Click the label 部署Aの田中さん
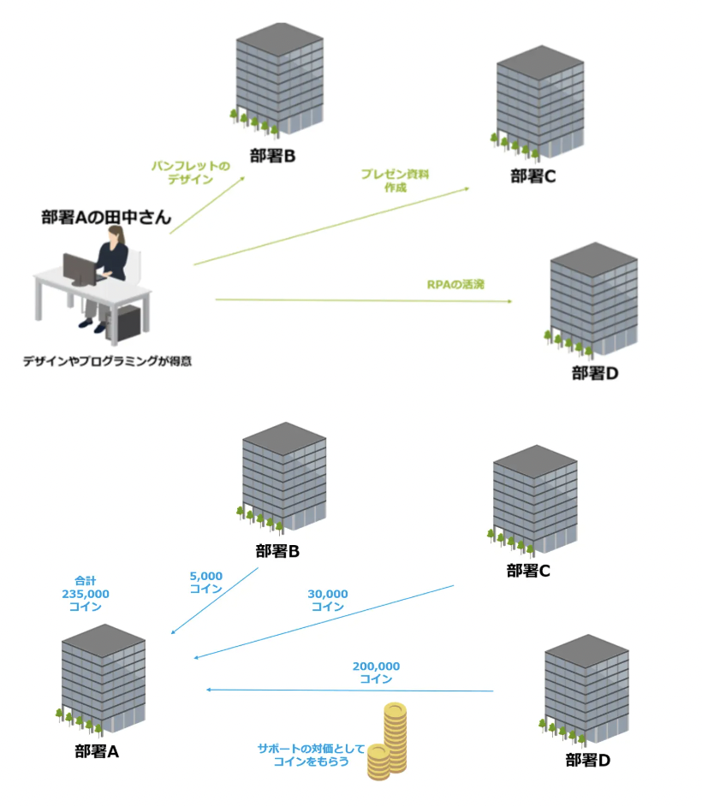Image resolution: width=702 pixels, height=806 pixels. pos(106,217)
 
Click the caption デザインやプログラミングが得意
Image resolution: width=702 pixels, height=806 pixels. pos(107,361)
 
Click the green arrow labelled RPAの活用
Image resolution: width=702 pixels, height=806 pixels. pos(363,300)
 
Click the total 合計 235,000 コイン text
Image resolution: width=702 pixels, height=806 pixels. pos(86,593)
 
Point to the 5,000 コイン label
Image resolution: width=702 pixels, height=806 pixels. pos(206,582)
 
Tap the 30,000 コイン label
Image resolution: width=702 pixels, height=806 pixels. pos(327,600)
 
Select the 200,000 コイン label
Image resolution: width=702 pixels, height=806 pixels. pos(376,672)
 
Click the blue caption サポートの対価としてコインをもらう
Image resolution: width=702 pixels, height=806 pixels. pos(304,754)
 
